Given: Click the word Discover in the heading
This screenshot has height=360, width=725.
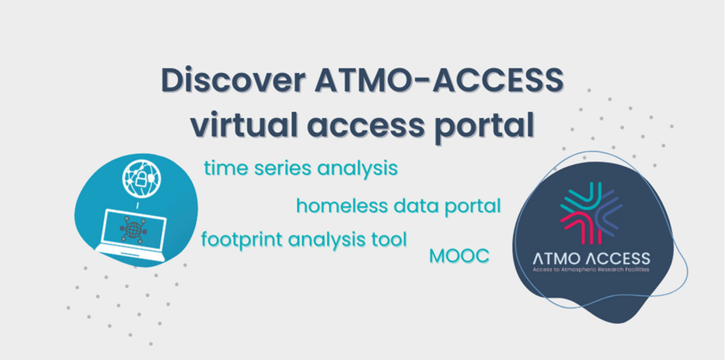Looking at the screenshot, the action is [233, 80].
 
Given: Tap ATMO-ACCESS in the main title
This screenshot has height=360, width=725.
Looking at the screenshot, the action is [439, 80].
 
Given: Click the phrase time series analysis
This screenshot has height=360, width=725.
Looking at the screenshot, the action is [301, 169].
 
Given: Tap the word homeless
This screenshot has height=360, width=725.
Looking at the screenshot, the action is [342, 206].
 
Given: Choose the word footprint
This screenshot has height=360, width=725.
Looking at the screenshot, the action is [242, 240].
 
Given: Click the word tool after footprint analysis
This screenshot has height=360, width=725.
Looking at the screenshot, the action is [388, 239].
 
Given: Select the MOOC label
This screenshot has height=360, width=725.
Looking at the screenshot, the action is [459, 256].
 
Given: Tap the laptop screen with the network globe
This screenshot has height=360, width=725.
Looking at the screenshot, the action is [134, 230].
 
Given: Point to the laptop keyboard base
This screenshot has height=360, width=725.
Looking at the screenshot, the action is [130, 253].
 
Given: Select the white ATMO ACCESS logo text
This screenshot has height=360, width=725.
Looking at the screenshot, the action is [591, 259].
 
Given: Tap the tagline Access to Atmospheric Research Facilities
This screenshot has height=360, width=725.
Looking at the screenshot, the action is [591, 269].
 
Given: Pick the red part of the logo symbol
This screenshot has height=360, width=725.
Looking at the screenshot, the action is [579, 227].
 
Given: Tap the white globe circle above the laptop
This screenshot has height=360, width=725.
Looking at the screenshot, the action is [141, 178].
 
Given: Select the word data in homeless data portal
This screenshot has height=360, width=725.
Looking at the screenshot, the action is [415, 206].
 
